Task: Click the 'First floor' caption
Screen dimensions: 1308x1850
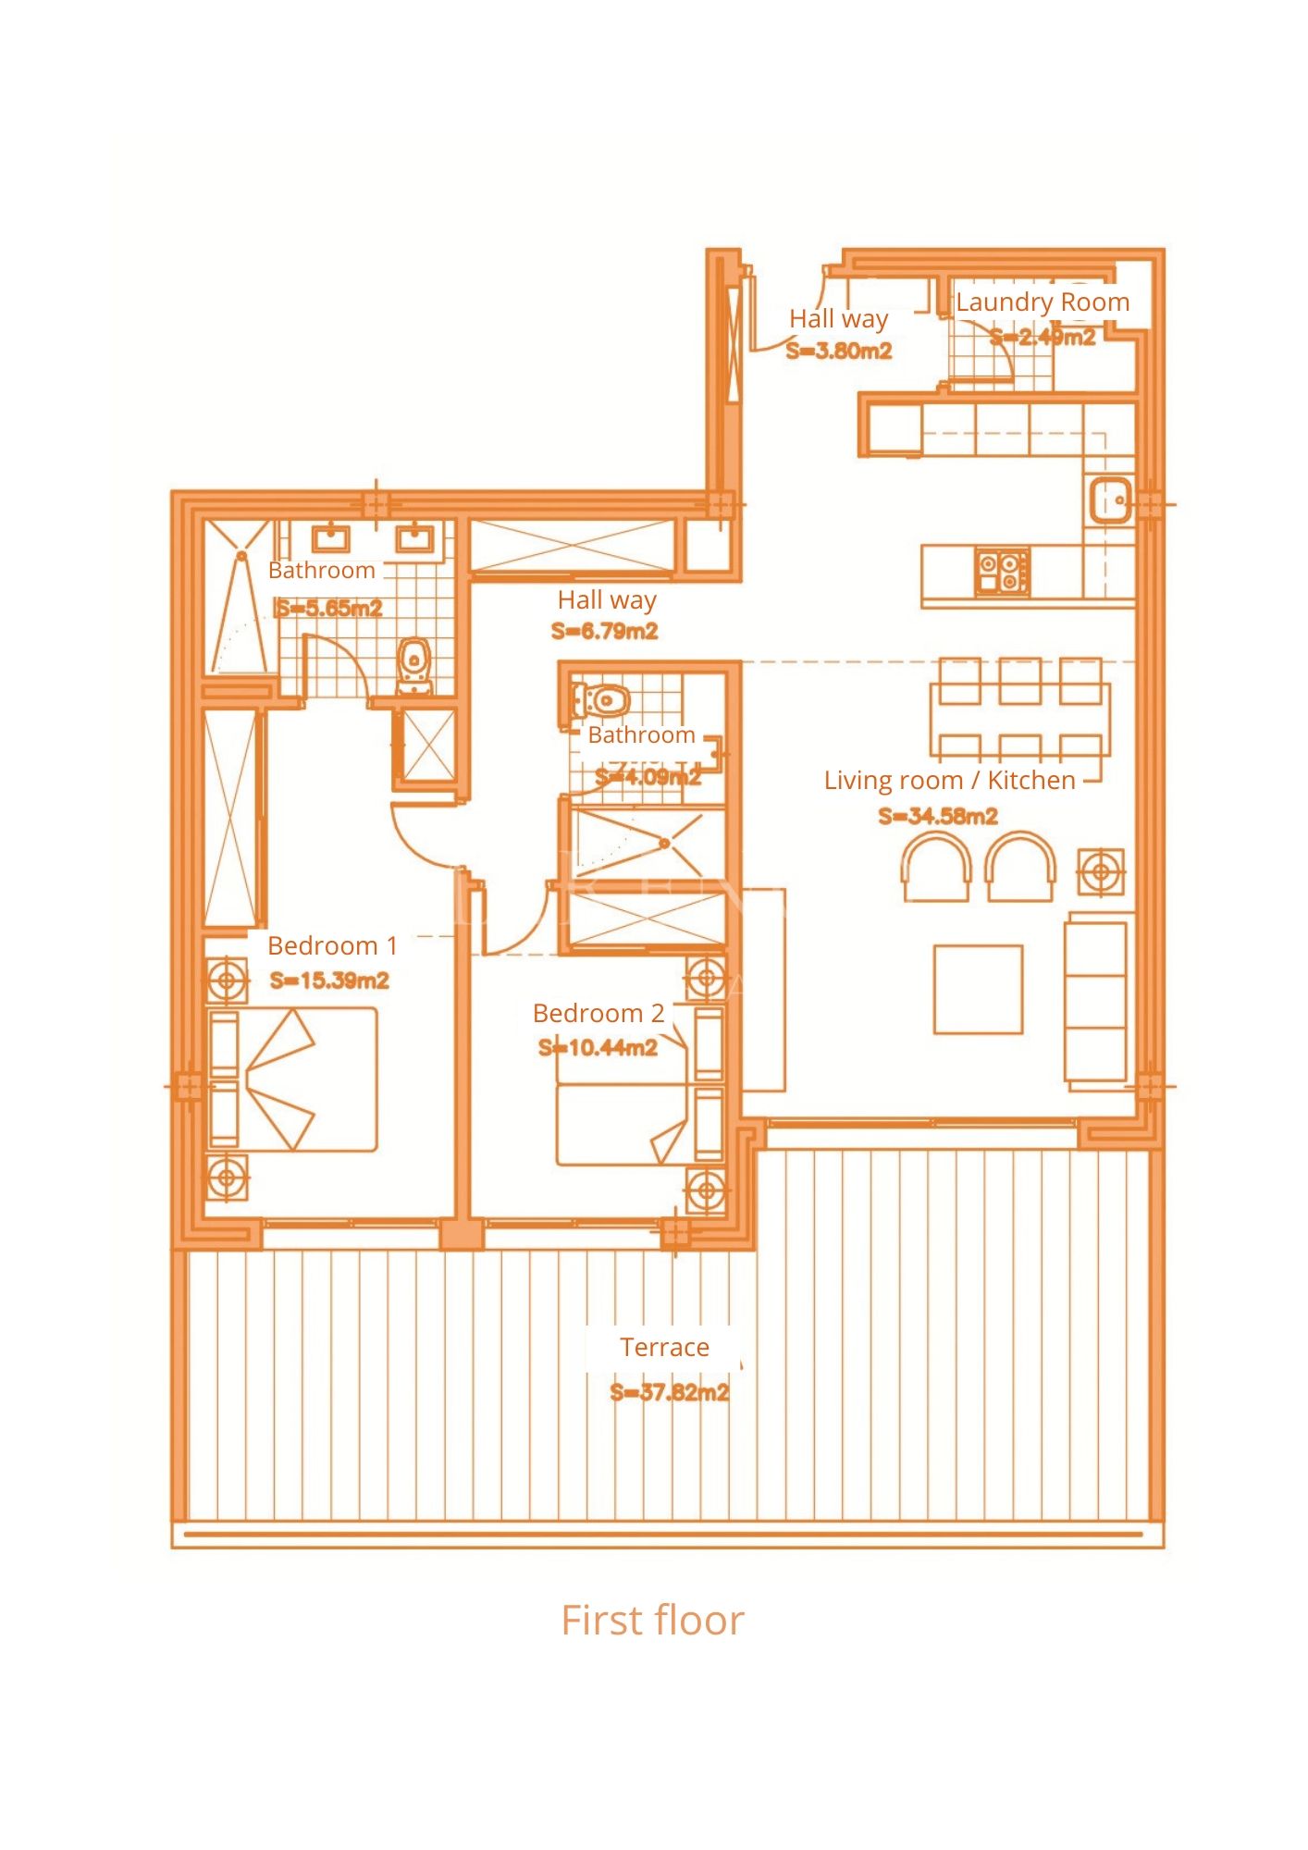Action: [652, 1620]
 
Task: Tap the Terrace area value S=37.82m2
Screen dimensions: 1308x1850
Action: [670, 1392]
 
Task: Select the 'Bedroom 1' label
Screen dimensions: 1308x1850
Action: [332, 945]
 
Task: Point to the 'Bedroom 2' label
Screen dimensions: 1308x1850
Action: [598, 1013]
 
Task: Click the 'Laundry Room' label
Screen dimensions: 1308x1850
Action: [1043, 302]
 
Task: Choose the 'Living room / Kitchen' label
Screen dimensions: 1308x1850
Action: [950, 781]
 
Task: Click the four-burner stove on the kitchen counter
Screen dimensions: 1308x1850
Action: [1002, 571]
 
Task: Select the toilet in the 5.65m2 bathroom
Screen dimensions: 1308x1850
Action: [414, 664]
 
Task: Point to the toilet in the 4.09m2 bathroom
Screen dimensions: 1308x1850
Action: [602, 701]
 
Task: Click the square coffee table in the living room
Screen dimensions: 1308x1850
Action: [978, 989]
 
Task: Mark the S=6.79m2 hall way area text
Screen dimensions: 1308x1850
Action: [605, 632]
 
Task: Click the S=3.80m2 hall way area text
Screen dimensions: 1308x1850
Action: [839, 351]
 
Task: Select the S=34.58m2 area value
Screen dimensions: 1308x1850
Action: [938, 816]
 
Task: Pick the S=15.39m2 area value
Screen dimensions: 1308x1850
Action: [329, 980]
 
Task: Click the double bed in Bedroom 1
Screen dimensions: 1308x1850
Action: [293, 1079]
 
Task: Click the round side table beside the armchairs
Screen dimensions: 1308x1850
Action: [1101, 871]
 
